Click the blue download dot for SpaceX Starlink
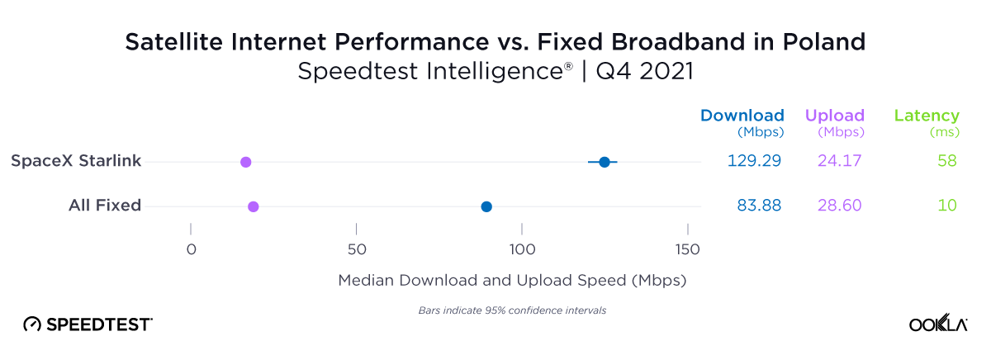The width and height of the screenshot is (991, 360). click(x=604, y=162)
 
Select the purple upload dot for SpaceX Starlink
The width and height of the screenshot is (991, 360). click(x=245, y=162)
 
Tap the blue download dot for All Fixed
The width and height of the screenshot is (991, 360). click(x=486, y=206)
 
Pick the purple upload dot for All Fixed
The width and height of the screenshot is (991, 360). click(x=254, y=206)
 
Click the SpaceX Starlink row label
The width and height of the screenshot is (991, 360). click(x=76, y=161)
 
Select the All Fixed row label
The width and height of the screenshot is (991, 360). click(x=105, y=206)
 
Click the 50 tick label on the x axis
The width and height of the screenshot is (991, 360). click(x=356, y=249)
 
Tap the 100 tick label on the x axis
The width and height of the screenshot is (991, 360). click(x=522, y=249)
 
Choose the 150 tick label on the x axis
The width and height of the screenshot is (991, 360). click(x=687, y=249)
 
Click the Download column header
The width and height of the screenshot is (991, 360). click(x=742, y=116)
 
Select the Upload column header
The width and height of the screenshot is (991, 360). click(x=834, y=116)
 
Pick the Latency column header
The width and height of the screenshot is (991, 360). click(x=927, y=116)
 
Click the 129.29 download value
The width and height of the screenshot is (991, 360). click(x=754, y=161)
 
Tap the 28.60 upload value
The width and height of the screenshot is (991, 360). click(x=838, y=206)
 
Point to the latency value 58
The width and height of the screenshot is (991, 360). click(x=946, y=161)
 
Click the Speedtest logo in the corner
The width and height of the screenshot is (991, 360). click(x=88, y=324)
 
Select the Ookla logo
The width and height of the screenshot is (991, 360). click(x=937, y=324)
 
